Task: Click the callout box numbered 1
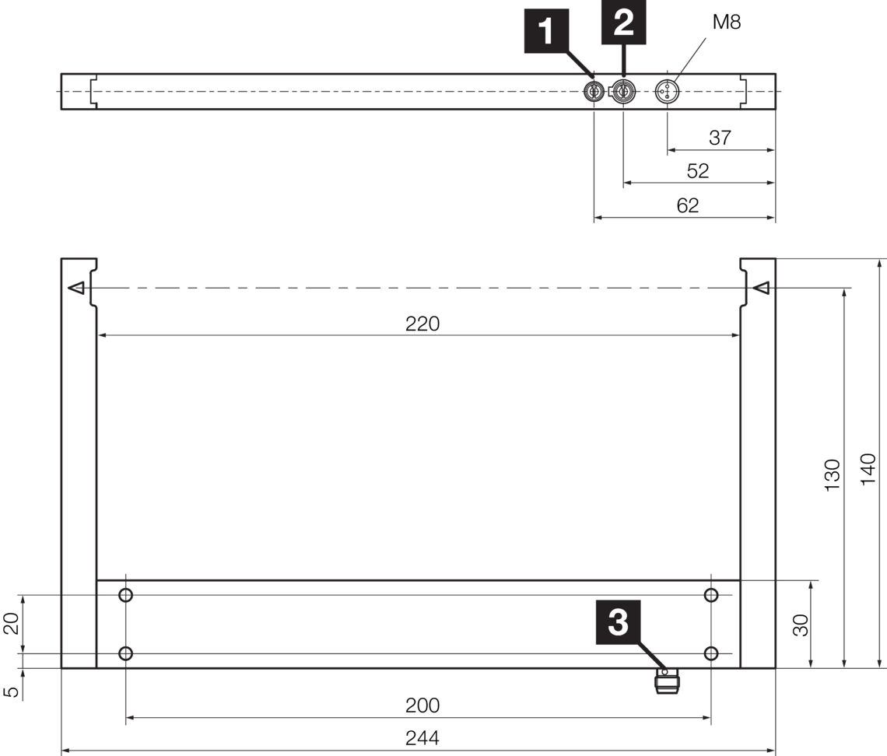point(547,30)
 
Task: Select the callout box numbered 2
point(624,24)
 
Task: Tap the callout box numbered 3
point(618,622)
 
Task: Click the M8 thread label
point(726,23)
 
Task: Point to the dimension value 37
point(720,138)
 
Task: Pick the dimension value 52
point(698,171)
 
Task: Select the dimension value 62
point(687,205)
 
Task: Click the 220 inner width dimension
point(422,324)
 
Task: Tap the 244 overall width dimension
point(422,738)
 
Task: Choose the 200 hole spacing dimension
point(422,705)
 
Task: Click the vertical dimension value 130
point(833,474)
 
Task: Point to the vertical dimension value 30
point(801,625)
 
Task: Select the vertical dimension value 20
point(12,624)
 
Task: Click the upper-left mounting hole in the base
point(125,595)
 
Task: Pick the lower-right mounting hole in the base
point(711,653)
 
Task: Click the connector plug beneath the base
point(668,682)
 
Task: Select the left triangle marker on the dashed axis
point(75,289)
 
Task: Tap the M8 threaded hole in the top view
point(668,92)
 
